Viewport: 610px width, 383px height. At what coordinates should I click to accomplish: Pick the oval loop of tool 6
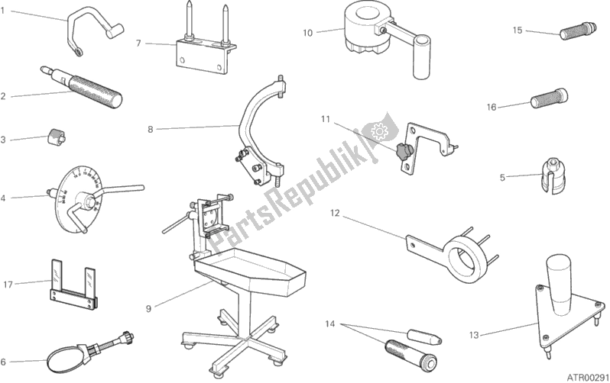[x=63, y=358]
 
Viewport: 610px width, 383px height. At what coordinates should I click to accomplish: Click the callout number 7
[x=138, y=43]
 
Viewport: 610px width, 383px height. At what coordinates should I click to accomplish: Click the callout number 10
[x=307, y=32]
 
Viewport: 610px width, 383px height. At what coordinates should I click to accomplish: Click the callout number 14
[x=330, y=325]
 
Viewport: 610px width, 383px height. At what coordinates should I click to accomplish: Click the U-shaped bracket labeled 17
[x=75, y=282]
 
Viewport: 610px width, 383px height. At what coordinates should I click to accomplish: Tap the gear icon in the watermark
[x=377, y=132]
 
